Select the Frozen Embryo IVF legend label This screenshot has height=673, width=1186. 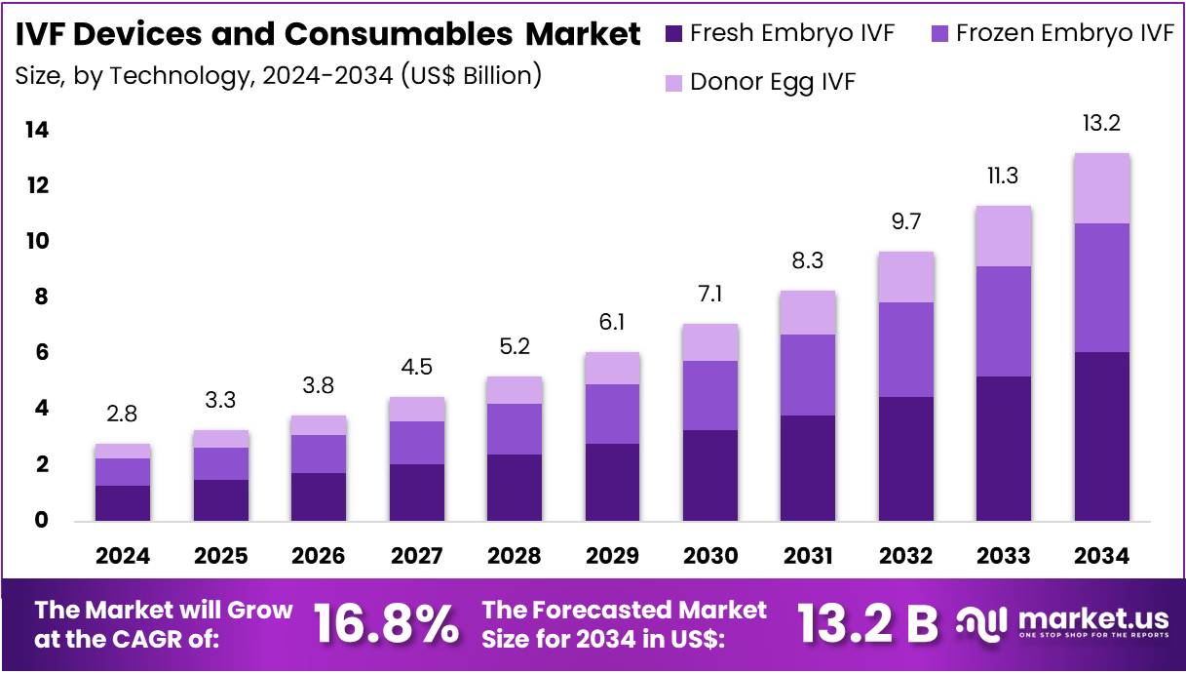point(1064,33)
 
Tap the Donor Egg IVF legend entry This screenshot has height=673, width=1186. point(772,82)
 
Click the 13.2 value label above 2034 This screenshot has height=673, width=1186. point(1101,124)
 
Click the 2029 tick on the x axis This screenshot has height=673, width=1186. point(612,556)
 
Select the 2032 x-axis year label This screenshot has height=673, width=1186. point(905,556)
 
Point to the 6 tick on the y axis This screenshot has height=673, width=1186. point(41,353)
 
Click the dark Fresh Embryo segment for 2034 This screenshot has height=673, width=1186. point(1101,436)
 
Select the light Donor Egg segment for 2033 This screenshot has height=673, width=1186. point(1003,236)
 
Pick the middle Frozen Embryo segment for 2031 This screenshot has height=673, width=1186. point(808,375)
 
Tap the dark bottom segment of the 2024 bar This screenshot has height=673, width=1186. point(123,502)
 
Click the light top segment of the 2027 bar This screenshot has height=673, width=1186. point(416,409)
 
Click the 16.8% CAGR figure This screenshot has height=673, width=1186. point(386,624)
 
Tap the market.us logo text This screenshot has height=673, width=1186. point(1091,618)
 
